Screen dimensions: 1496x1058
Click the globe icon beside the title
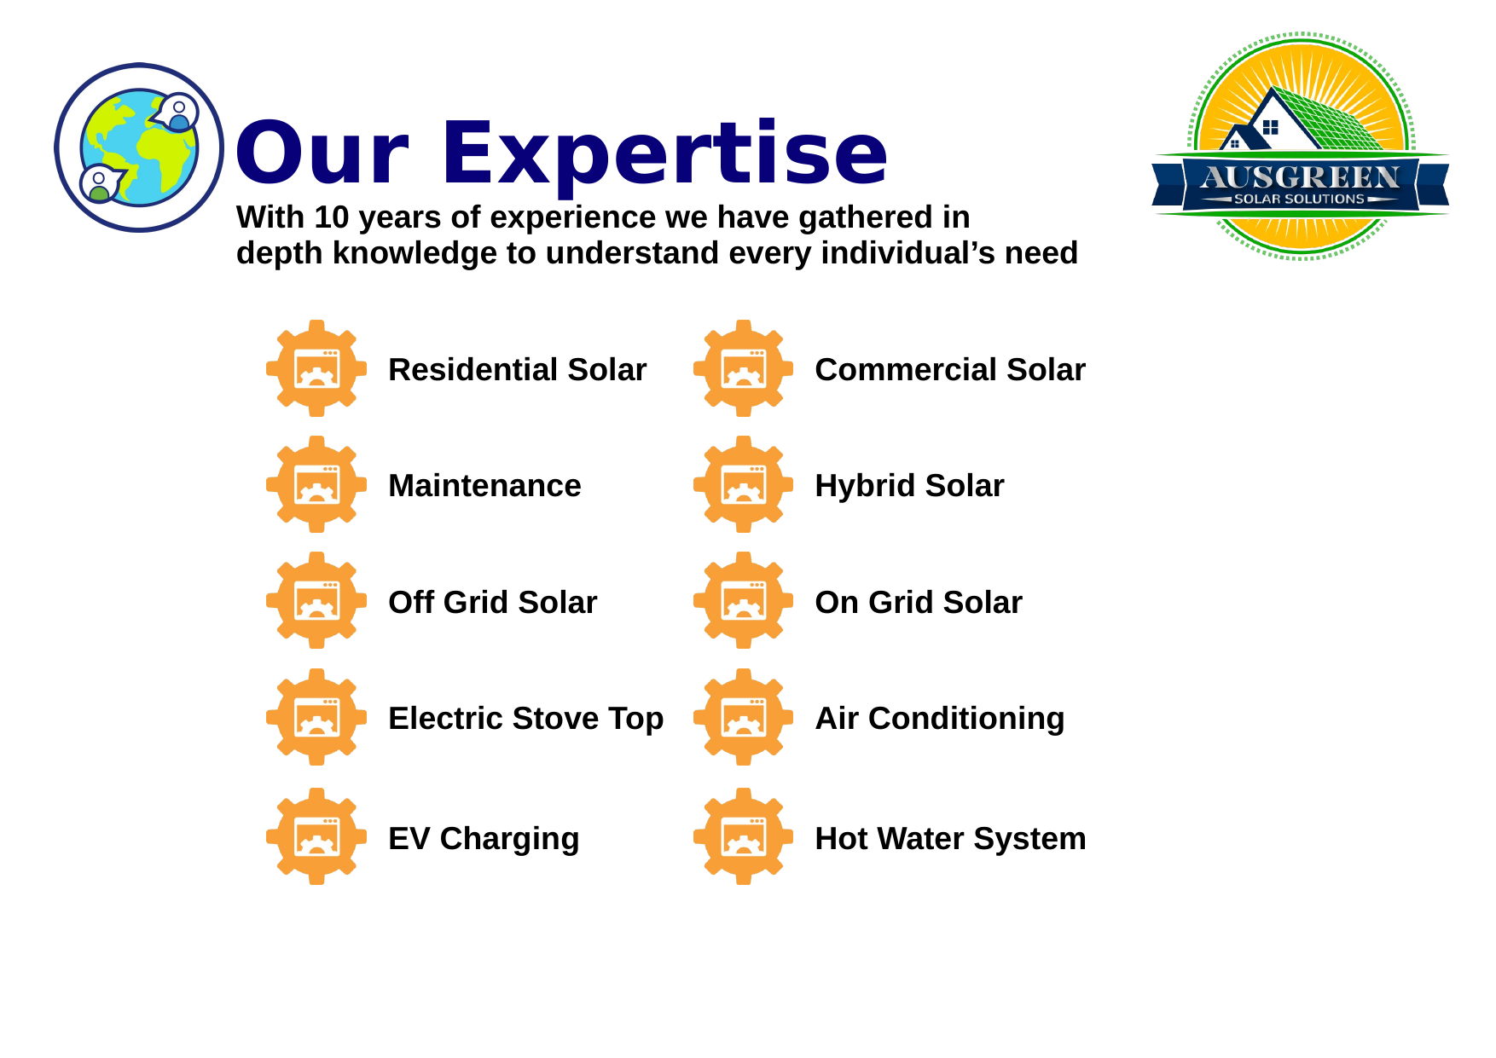click(139, 147)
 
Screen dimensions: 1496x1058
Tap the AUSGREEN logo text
click(1300, 176)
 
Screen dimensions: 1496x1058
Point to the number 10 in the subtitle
click(332, 217)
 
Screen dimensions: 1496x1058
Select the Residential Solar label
click(517, 369)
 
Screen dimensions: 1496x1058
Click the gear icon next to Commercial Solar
click(743, 368)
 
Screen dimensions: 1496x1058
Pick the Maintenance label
click(484, 485)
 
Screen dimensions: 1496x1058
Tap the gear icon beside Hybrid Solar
click(743, 484)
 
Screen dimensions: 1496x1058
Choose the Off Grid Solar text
click(492, 602)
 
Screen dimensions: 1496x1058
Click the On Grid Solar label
click(919, 602)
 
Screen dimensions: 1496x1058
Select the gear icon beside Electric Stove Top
click(316, 717)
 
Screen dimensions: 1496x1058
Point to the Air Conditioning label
click(940, 719)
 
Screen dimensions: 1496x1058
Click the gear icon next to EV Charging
click(316, 836)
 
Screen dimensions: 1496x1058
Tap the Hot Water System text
click(950, 838)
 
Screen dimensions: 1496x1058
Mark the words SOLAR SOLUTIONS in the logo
click(1299, 199)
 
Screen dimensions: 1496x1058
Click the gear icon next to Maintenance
click(316, 484)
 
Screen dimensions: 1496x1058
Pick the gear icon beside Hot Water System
click(743, 836)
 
